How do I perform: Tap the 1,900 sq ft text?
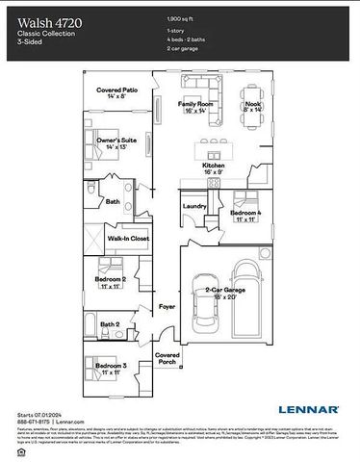(182, 18)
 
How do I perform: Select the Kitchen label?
(213, 167)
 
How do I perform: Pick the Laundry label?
(194, 206)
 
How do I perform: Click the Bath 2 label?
(111, 324)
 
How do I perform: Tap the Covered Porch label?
(169, 358)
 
